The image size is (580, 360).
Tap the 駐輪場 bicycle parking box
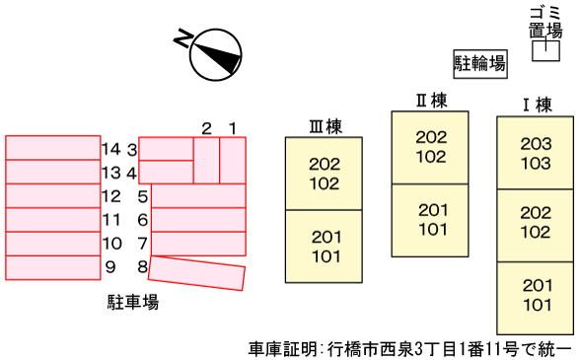pos(480,64)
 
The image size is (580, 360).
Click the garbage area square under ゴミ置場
pos(545,50)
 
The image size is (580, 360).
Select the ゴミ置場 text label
pos(545,23)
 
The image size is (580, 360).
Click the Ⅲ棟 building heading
pos(326,126)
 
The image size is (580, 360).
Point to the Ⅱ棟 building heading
pos(431,101)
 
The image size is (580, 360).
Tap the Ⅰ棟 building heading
pos(537,106)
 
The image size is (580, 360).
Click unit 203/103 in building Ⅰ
pos(535,153)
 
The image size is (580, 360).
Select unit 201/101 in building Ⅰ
pos(535,298)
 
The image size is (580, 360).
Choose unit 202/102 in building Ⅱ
pos(430,147)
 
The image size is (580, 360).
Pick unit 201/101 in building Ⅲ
pos(324,247)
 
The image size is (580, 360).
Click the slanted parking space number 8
pos(197,273)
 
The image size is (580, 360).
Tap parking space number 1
pos(233,160)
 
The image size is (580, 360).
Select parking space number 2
pos(206,160)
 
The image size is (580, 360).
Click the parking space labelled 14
pos(53,148)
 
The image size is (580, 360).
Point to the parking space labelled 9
pos(53,267)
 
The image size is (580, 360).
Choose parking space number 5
pos(198,195)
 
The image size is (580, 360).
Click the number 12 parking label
pos(111,196)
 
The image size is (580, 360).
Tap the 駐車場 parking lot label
pos(133,302)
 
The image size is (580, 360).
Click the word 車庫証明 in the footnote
pos(282,348)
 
